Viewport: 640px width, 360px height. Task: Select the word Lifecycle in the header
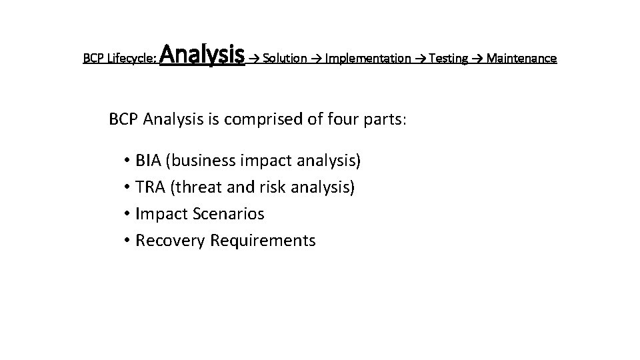(133, 59)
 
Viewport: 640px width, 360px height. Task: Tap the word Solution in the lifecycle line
(285, 59)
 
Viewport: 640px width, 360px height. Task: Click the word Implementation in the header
(368, 59)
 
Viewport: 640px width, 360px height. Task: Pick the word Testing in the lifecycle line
(449, 59)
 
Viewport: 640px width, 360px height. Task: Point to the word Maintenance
(521, 59)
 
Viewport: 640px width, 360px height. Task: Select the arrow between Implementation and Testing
(420, 59)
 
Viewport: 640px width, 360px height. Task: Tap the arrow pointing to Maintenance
(477, 59)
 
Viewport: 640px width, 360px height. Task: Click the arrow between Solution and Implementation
(316, 59)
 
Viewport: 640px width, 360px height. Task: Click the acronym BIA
(149, 161)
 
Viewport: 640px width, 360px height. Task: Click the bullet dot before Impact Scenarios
(126, 214)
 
